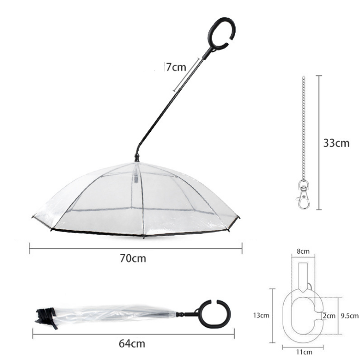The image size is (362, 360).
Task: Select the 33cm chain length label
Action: [x=337, y=143]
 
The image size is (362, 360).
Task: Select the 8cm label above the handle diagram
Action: [x=304, y=251]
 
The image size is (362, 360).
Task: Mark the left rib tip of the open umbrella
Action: [x=33, y=217]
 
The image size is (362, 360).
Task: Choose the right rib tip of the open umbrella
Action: [x=239, y=217]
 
